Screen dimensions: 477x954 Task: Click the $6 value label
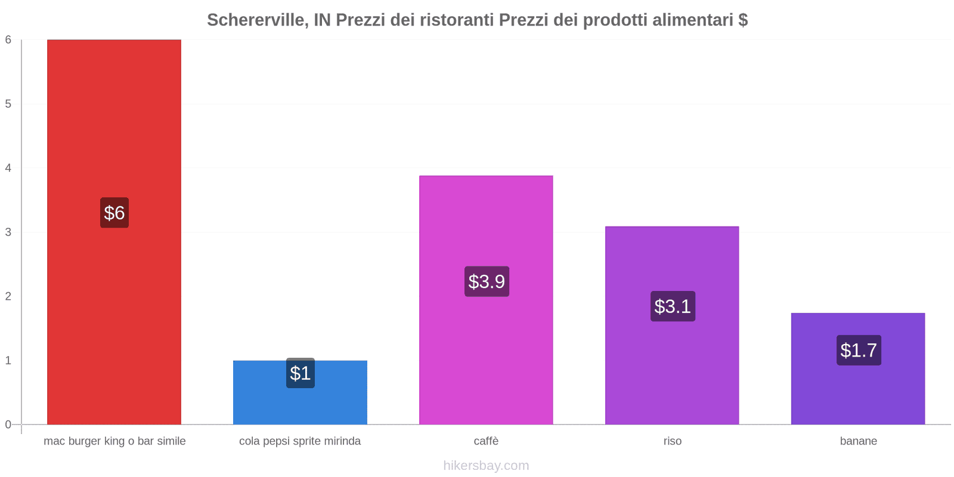click(114, 213)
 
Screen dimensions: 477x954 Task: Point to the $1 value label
click(301, 373)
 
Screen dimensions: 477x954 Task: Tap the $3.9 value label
click(487, 281)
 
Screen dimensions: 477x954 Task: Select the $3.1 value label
click(673, 306)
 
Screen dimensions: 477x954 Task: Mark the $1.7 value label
click(859, 351)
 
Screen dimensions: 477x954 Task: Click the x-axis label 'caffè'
click(486, 441)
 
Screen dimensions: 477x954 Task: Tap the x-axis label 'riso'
click(672, 441)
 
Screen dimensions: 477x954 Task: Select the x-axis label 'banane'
click(858, 441)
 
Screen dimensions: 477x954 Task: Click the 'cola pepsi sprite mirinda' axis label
click(300, 441)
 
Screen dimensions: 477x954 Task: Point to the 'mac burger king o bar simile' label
click(114, 441)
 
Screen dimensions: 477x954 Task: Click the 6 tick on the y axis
click(8, 40)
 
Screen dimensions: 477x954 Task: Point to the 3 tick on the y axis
click(8, 232)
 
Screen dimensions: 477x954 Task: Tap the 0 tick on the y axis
click(8, 425)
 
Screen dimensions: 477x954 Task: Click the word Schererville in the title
click(256, 20)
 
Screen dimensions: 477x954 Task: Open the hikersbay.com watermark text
click(486, 466)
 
